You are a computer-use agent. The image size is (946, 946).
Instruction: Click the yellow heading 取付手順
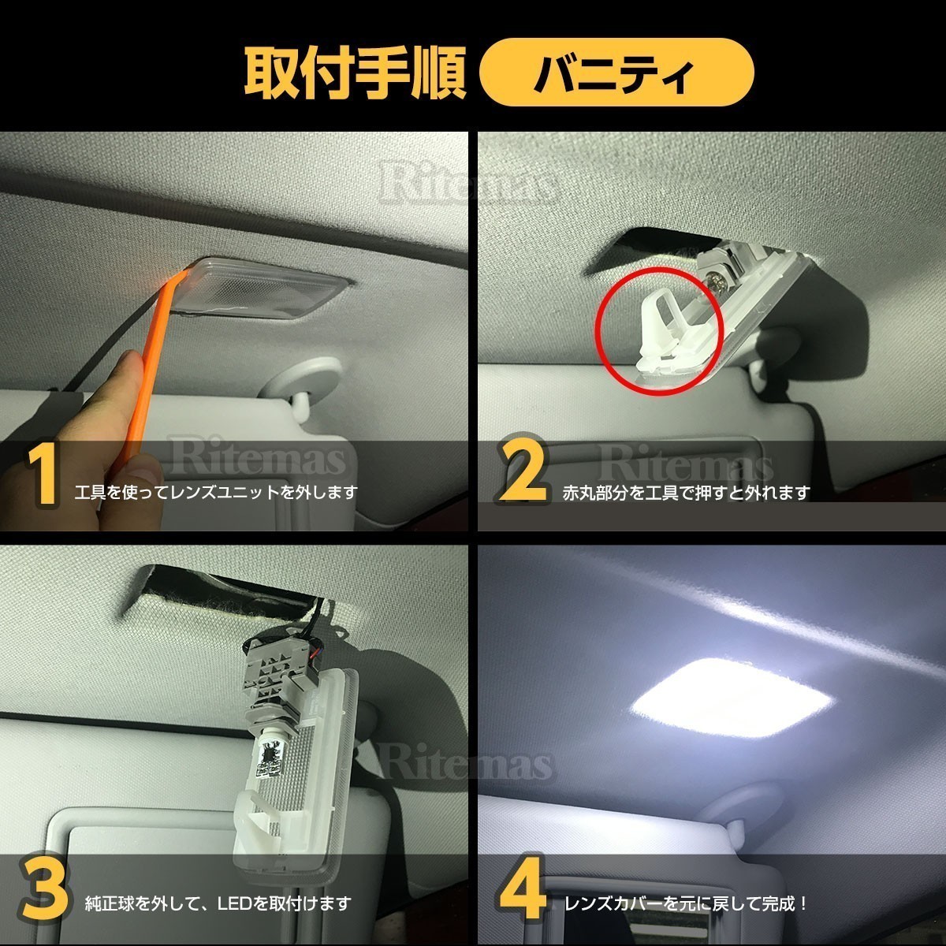(355, 73)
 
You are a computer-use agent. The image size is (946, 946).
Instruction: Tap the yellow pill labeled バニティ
(616, 73)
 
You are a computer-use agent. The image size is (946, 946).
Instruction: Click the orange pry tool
(147, 383)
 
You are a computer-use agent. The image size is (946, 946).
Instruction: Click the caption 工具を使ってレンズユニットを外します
(215, 492)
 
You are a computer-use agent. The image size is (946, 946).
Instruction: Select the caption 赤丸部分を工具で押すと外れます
(687, 493)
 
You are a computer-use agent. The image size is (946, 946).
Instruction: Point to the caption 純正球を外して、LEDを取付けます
(218, 903)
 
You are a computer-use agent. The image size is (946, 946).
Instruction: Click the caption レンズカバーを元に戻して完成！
(686, 903)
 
